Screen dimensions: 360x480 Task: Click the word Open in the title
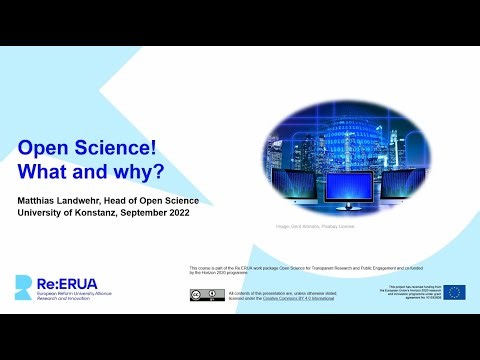(45, 149)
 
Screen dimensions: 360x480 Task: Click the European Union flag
(455, 292)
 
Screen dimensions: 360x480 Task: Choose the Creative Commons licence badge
(207, 294)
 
